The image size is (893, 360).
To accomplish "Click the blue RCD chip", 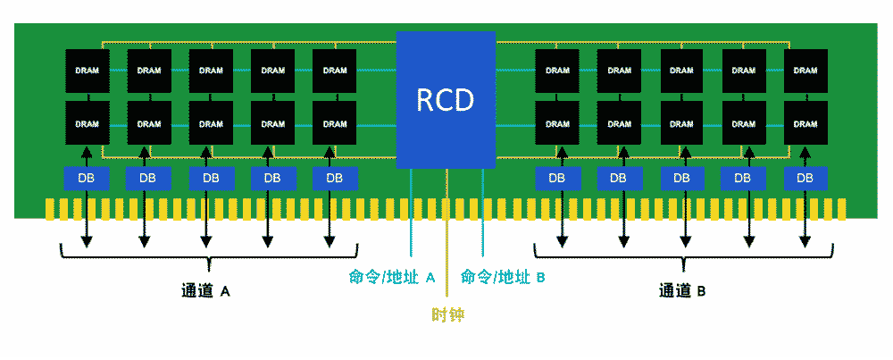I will pyautogui.click(x=446, y=99).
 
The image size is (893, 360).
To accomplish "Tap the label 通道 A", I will pyautogui.click(x=206, y=291).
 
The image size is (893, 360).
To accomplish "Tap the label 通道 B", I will pyautogui.click(x=683, y=291).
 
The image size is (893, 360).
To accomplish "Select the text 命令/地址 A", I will pyautogui.click(x=392, y=277).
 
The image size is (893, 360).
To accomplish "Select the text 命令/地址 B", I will pyautogui.click(x=503, y=277).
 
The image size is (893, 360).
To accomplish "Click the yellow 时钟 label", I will pyautogui.click(x=447, y=314).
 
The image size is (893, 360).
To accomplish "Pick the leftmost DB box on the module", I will pyautogui.click(x=87, y=178).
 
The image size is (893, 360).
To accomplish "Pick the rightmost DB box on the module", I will pyautogui.click(x=805, y=178).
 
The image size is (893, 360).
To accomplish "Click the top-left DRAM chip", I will pyautogui.click(x=88, y=71).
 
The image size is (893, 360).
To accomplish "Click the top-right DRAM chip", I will pyautogui.click(x=805, y=71).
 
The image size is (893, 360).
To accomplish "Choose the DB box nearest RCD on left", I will pyautogui.click(x=334, y=178).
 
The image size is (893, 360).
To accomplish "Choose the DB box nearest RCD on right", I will pyautogui.click(x=557, y=178).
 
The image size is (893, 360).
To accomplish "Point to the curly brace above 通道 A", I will pyautogui.click(x=208, y=259).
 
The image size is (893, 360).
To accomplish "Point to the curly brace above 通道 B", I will pyautogui.click(x=683, y=259).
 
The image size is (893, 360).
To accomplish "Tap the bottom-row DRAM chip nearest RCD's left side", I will pyautogui.click(x=334, y=123).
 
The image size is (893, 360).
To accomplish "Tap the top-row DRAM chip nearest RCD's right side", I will pyautogui.click(x=557, y=71).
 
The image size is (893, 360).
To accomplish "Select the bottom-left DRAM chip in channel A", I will pyautogui.click(x=88, y=123).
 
